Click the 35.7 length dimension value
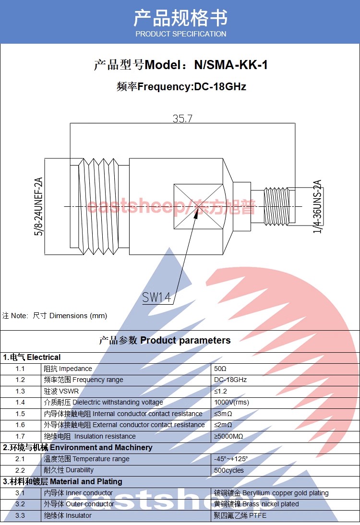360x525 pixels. coord(182,118)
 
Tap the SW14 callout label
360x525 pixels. coord(156,298)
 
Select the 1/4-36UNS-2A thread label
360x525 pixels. coord(317,207)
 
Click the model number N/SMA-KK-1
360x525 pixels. coord(230,65)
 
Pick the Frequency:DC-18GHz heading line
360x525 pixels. coord(181,87)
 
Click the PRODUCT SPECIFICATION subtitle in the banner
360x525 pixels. coord(180,34)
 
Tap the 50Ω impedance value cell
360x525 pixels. coord(220,369)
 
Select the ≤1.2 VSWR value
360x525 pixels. coord(220,391)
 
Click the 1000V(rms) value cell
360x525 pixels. coord(232,402)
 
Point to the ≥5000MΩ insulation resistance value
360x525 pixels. coord(228,436)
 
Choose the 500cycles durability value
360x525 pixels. coord(229,470)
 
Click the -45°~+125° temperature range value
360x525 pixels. coord(231,459)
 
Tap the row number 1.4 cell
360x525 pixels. coord(20,402)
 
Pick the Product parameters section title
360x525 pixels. coord(165,340)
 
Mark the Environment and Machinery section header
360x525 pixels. coord(78,447)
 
